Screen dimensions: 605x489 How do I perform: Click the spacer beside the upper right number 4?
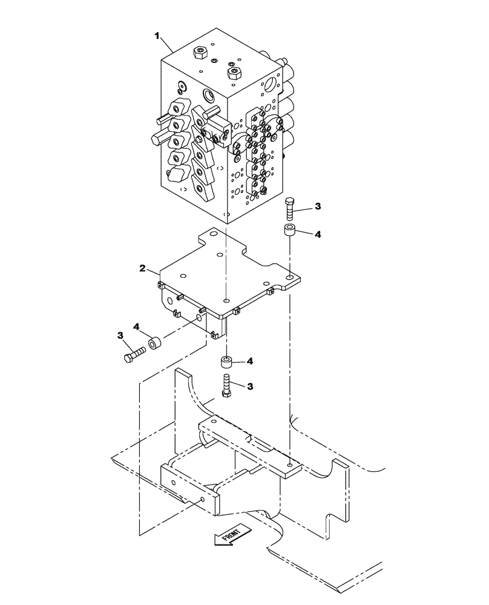(x=289, y=232)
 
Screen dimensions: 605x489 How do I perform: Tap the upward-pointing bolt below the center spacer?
(x=226, y=387)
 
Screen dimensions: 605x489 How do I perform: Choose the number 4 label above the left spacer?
(x=137, y=327)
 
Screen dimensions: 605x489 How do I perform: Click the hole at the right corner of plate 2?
(x=290, y=278)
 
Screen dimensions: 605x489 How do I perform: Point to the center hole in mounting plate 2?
(x=226, y=300)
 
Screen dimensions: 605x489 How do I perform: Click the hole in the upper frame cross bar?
(x=290, y=465)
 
